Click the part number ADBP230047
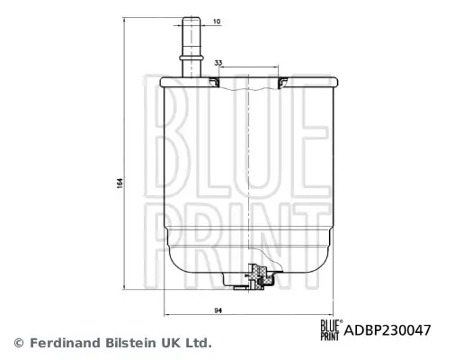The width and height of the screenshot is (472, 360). point(389,329)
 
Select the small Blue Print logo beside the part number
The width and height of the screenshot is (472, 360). point(330,328)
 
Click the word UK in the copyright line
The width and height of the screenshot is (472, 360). point(169,343)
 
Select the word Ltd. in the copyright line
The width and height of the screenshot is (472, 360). point(198,343)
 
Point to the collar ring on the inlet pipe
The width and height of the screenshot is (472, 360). point(191,56)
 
